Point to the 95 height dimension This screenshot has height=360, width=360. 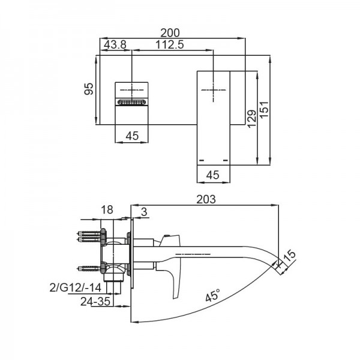(x=88, y=89)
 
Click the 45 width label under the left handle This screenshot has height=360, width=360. (x=133, y=136)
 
